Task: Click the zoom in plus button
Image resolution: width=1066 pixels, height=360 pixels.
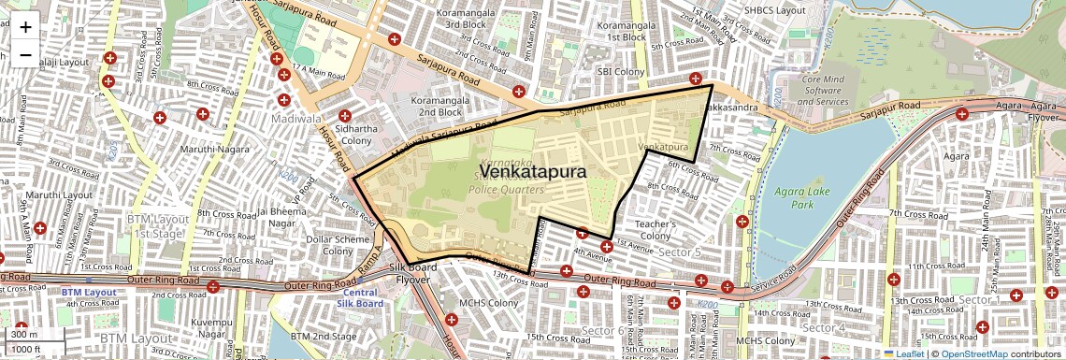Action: click(25, 27)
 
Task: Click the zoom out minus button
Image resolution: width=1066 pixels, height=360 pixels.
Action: click(25, 55)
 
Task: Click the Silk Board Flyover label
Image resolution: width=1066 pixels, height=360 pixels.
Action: click(412, 273)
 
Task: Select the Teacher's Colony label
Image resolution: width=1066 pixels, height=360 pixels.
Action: click(655, 230)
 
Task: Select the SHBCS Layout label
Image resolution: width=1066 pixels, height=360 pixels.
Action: click(774, 9)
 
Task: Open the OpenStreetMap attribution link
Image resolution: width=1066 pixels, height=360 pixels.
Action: click(973, 353)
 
